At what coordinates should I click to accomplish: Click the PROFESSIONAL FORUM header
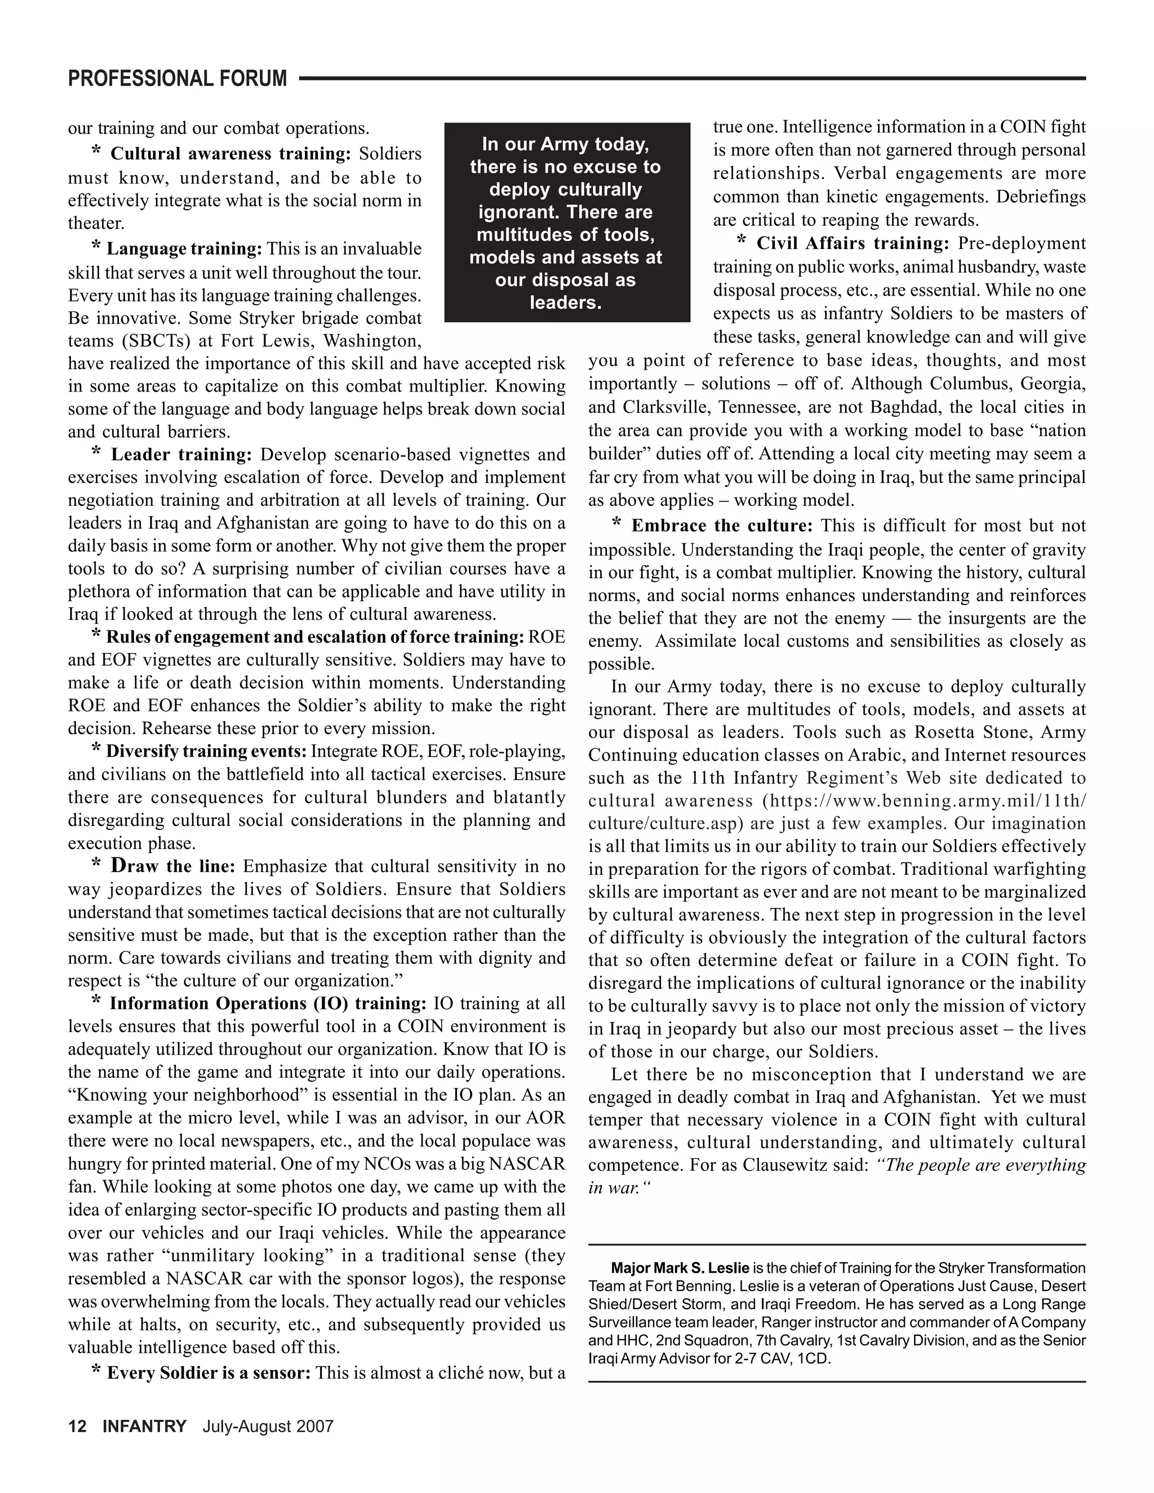pyautogui.click(x=177, y=79)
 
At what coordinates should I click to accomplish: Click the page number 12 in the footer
pyautogui.click(x=77, y=1426)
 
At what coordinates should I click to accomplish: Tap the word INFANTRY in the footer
pyautogui.click(x=144, y=1426)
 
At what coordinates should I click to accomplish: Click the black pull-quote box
pyautogui.click(x=567, y=222)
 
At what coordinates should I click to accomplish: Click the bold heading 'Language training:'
pyautogui.click(x=184, y=248)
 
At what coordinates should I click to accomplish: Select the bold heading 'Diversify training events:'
pyautogui.click(x=206, y=751)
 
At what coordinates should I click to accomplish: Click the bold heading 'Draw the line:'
pyautogui.click(x=173, y=866)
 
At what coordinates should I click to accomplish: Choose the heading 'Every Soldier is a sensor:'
pyautogui.click(x=208, y=1372)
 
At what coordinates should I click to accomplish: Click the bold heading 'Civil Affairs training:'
pyautogui.click(x=853, y=243)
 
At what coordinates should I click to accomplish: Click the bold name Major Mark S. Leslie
pyautogui.click(x=680, y=1268)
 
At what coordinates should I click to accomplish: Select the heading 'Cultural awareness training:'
pyautogui.click(x=230, y=154)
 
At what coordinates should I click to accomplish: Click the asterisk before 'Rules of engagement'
pyautogui.click(x=96, y=635)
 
